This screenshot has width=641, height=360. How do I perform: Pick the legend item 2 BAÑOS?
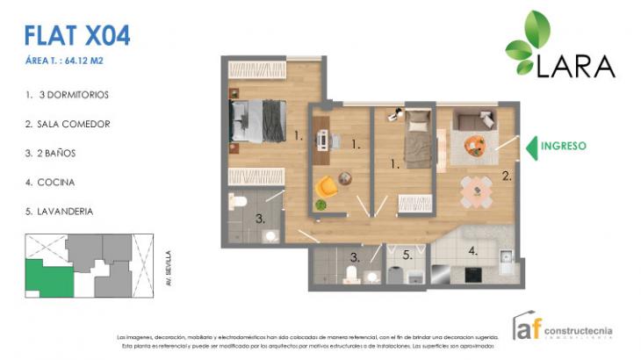tap(61, 153)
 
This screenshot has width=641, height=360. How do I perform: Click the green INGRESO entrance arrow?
tap(531, 147)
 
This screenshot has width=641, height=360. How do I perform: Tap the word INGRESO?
tap(563, 146)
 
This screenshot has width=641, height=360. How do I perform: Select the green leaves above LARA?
tap(529, 40)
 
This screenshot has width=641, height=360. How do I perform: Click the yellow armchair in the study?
tap(328, 186)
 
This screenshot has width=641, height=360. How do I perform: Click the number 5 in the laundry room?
tap(407, 256)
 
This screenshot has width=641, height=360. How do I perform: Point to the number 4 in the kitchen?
tap(473, 251)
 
